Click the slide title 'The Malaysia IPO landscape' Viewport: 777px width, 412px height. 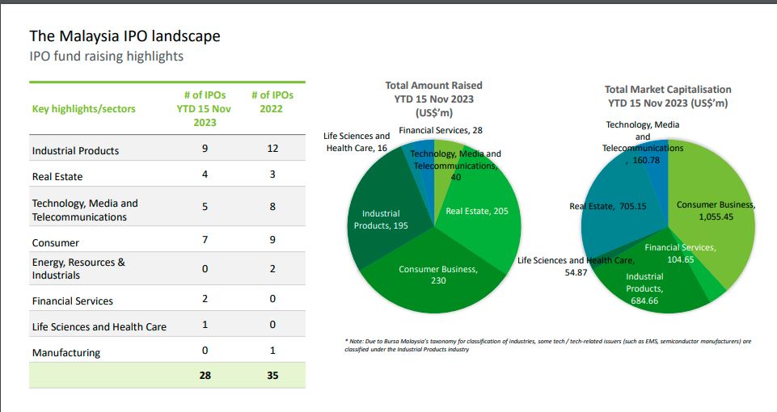click(125, 36)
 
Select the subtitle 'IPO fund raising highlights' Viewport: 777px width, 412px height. click(106, 57)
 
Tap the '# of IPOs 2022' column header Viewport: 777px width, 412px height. click(272, 102)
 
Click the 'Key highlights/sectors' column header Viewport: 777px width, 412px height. click(84, 108)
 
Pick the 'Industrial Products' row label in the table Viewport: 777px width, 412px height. click(75, 150)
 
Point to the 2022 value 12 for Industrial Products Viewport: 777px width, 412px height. click(272, 149)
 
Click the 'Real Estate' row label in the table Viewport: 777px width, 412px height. click(57, 176)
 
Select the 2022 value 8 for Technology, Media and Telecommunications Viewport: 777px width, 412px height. click(272, 207)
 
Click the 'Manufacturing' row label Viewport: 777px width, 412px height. click(66, 353)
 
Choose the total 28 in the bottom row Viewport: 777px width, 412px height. click(205, 375)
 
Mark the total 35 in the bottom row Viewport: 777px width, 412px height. click(272, 375)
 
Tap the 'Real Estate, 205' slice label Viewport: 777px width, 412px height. click(478, 211)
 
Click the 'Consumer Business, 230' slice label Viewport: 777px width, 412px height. click(438, 275)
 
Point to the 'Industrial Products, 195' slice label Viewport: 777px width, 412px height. click(381, 219)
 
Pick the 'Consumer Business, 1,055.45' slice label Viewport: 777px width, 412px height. click(716, 210)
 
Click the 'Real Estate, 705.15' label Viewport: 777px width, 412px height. click(608, 207)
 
